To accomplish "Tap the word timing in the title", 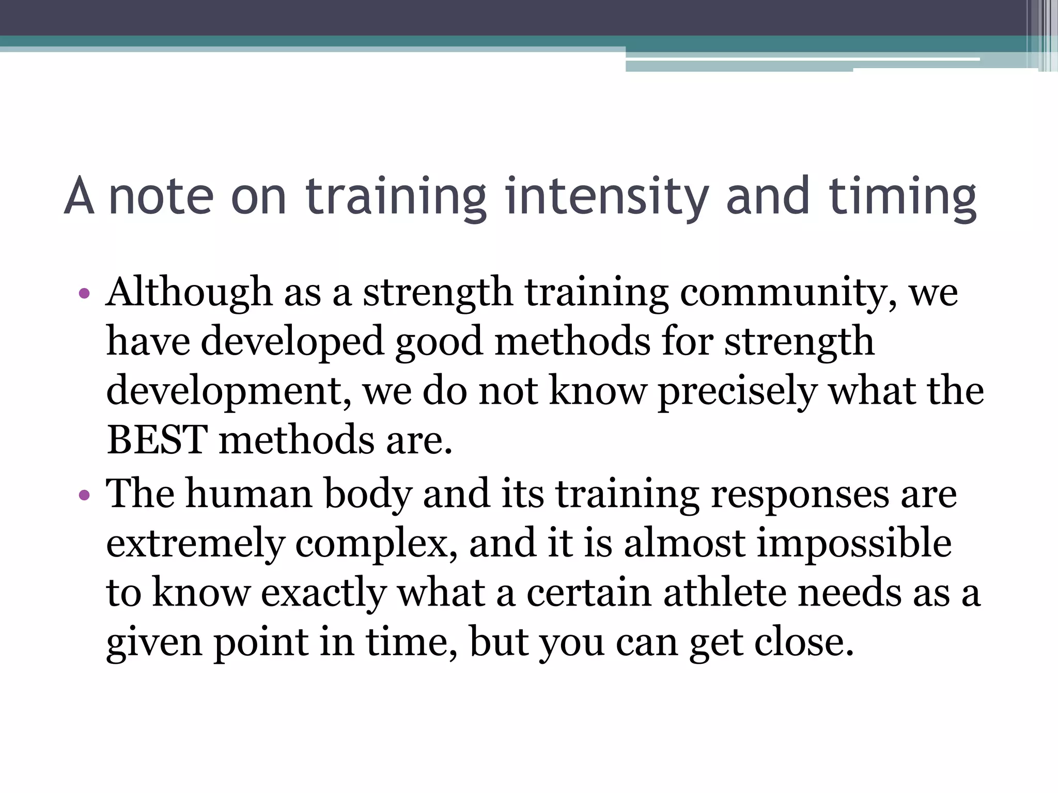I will [903, 196].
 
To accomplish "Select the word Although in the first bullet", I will [189, 292].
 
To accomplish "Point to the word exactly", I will [323, 593].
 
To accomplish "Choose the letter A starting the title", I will [79, 196].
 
